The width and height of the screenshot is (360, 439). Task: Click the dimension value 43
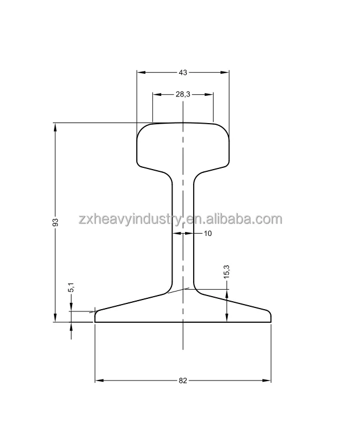point(183,73)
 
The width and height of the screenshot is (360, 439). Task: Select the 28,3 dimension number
point(183,95)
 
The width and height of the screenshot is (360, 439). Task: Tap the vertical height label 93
point(56,223)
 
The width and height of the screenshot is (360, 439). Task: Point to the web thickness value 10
point(207,233)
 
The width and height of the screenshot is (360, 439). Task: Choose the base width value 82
point(183,381)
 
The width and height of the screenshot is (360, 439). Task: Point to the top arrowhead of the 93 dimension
point(56,126)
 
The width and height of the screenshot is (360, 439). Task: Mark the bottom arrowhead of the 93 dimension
point(56,318)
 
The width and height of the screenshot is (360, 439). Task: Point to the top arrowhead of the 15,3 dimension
point(227,293)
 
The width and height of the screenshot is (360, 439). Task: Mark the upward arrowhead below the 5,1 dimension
point(71,326)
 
